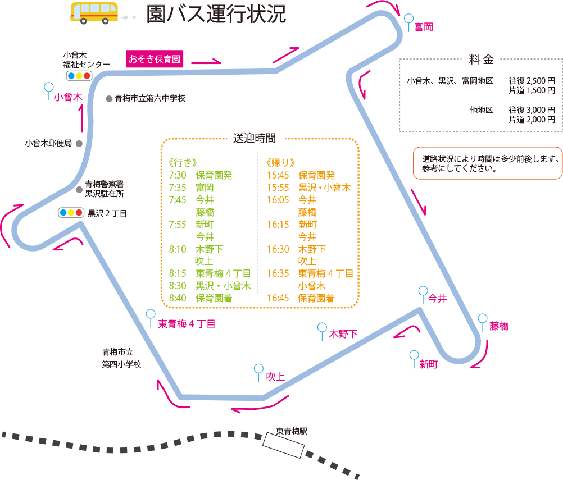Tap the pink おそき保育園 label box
tap(155, 59)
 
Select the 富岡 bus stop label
tap(423, 27)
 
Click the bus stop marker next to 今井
tap(423, 291)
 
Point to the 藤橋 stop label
tap(498, 326)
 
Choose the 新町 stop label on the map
tap(429, 364)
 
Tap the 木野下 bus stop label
tap(343, 335)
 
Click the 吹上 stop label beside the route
tap(275, 377)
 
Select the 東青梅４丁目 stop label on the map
tap(187, 324)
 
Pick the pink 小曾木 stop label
tap(68, 97)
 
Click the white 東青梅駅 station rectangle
tap(284, 445)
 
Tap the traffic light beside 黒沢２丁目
tap(71, 213)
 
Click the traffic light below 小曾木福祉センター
tap(79, 75)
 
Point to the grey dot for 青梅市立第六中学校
tap(109, 99)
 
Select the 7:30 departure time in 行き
tap(177, 175)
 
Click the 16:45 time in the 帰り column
tap(278, 298)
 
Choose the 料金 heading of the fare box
tap(481, 60)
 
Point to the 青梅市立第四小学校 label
tap(121, 358)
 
